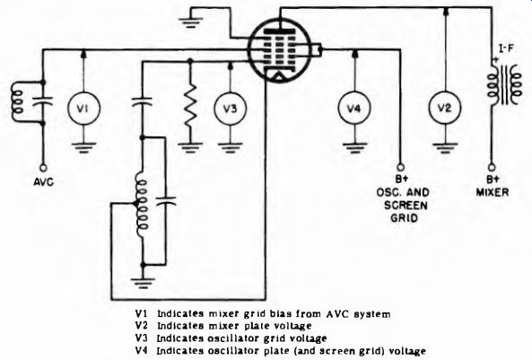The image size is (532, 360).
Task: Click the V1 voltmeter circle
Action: (x=83, y=109)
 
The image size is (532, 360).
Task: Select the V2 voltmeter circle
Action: (x=445, y=109)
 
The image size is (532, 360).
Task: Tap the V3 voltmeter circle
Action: (x=231, y=109)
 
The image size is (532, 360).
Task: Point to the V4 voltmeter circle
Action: (x=354, y=109)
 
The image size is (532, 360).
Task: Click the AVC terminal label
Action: (x=43, y=182)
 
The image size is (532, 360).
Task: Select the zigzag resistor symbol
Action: (x=190, y=104)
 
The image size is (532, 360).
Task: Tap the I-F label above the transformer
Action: (x=505, y=48)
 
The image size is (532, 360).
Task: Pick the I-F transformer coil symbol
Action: (x=503, y=85)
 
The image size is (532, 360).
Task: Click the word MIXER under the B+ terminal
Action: (x=493, y=192)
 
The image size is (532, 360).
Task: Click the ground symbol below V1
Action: (x=83, y=147)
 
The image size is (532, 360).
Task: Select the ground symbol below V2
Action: (x=445, y=148)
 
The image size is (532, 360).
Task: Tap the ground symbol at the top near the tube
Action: (x=191, y=22)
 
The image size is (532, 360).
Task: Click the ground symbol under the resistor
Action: (x=190, y=147)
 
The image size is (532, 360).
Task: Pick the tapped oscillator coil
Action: (x=141, y=205)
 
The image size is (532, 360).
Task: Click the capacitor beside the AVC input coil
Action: (x=43, y=101)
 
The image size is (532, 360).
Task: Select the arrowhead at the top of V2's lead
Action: (x=445, y=11)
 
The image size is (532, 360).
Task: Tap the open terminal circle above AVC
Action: (x=43, y=168)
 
